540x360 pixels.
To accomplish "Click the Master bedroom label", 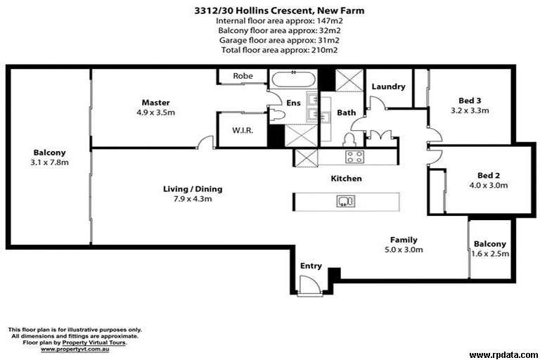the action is (x=155, y=103).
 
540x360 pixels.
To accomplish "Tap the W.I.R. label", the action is (x=243, y=131).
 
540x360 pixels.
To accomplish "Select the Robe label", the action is (x=243, y=76).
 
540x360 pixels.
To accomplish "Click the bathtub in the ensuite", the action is (x=293, y=79).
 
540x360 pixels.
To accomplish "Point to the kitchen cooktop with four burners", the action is (x=354, y=157).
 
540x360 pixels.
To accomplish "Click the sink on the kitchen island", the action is (x=346, y=201).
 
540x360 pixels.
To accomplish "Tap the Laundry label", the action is (x=388, y=86).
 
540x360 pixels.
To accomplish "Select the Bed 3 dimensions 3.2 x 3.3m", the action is (x=470, y=110).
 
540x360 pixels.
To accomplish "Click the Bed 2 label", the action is (x=489, y=175).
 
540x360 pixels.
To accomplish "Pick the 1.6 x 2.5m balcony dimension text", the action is (x=490, y=254).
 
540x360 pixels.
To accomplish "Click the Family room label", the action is (x=404, y=240).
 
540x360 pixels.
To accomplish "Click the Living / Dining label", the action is (x=193, y=188).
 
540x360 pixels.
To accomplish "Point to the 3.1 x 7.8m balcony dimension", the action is (x=50, y=162).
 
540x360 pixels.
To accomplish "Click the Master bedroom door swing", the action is (x=205, y=141).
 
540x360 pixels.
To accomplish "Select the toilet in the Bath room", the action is (x=349, y=139).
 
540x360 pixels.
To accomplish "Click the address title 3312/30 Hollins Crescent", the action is (x=252, y=11).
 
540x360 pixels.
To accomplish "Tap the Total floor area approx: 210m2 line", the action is (x=279, y=50).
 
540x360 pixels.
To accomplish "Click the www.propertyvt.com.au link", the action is (x=75, y=349).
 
